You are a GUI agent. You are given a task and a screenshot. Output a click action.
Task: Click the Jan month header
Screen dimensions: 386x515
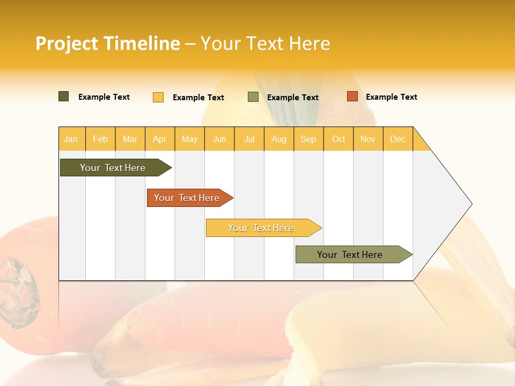pyautogui.click(x=71, y=139)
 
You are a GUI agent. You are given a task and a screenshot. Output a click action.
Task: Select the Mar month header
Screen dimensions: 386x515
pyautogui.click(x=130, y=139)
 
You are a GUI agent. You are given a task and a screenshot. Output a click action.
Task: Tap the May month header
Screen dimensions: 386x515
pyautogui.click(x=189, y=139)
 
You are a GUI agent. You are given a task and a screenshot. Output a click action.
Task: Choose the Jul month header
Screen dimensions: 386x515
pyautogui.click(x=249, y=139)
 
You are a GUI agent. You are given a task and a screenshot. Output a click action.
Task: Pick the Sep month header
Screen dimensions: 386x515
pyautogui.click(x=308, y=139)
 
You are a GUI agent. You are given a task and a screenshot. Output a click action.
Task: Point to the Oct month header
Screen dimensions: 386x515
pyautogui.click(x=339, y=139)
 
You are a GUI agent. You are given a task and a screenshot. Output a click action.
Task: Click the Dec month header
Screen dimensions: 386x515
pyautogui.click(x=398, y=139)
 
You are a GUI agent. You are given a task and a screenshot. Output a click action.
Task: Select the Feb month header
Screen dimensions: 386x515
pyautogui.click(x=100, y=139)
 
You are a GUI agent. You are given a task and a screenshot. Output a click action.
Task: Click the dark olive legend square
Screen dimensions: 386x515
pyautogui.click(x=64, y=96)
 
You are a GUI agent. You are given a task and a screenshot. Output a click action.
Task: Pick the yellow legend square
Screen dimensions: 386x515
pyautogui.click(x=158, y=97)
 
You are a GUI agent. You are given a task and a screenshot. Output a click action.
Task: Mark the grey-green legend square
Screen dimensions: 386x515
pyautogui.click(x=253, y=97)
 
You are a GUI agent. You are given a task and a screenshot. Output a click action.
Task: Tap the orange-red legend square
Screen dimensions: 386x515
pyautogui.click(x=352, y=96)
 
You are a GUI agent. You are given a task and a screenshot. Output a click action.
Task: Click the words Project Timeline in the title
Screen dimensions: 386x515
pyautogui.click(x=107, y=43)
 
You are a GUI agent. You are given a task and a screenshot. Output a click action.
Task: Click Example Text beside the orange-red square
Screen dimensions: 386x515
pyautogui.click(x=391, y=97)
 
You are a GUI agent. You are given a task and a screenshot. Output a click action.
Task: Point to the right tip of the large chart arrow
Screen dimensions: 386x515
pyautogui.click(x=470, y=204)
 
